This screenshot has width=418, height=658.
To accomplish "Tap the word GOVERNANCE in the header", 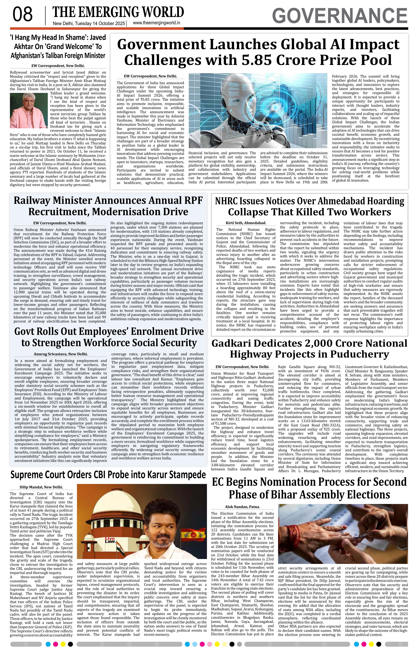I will (x=340, y=16).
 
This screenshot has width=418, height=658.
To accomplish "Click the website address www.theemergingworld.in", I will (x=156, y=23).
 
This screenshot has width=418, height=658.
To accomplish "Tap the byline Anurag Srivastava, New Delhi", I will (x=61, y=354).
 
